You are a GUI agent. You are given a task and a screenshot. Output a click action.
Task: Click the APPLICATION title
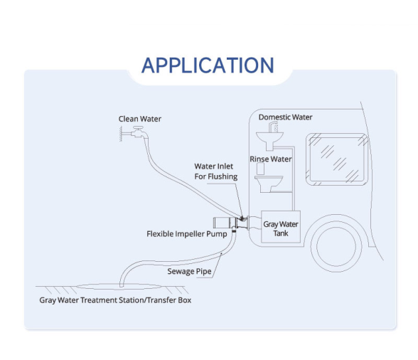pos(208,65)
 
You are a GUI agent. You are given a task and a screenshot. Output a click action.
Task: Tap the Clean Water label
pos(139,119)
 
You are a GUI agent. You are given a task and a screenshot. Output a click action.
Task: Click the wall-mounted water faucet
pos(139,132)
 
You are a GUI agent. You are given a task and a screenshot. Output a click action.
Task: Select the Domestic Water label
pos(285,117)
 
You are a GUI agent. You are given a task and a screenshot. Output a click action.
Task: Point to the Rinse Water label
pos(271,159)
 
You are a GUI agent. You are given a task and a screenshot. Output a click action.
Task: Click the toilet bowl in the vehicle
pos(269,184)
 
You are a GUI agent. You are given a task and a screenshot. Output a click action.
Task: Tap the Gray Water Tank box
pos(281,226)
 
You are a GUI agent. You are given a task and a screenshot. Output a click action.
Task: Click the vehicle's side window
pos(337,159)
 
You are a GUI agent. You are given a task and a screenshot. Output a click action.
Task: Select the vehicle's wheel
pos(336,246)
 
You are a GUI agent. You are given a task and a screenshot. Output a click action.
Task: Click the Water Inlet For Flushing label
pos(215,171)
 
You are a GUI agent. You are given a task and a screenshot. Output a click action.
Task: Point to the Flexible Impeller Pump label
pos(186,234)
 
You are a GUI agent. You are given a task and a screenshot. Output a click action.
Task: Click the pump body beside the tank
pos(231,223)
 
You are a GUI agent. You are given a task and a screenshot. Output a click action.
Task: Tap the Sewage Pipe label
pos(189,271)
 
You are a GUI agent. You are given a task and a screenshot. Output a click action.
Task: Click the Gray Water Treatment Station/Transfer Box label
pos(115,300)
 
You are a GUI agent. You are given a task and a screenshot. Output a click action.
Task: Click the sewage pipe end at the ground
pos(122,285)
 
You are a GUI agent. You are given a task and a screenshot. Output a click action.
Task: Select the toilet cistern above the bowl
pos(260,169)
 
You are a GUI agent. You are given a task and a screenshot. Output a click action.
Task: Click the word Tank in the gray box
pos(281,233)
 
